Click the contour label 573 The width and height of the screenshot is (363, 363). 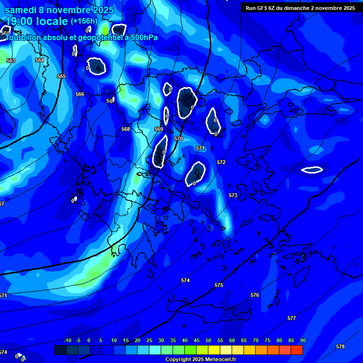pos(233,195)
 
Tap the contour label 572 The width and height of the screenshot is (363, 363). pos(221,162)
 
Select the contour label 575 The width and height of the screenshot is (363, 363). pos(218,285)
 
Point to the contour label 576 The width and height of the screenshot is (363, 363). pos(255,295)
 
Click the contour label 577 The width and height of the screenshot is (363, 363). pos(292,318)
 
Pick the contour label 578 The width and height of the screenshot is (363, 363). pos(340,346)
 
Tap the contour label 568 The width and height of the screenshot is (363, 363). pos(125,129)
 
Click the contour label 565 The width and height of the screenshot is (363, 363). pos(61,76)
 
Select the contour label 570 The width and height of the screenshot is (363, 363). pos(178,138)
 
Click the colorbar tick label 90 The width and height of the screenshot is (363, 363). pos(302,340)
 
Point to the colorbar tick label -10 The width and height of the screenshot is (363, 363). pos(68,340)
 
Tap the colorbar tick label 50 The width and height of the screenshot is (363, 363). pos(208,340)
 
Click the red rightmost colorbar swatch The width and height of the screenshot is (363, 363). pos(297,350)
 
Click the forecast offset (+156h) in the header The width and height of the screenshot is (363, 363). pos(84,21)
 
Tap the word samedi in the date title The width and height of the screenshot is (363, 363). pos(20,10)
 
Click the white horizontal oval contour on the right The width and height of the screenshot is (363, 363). pos(312,170)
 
